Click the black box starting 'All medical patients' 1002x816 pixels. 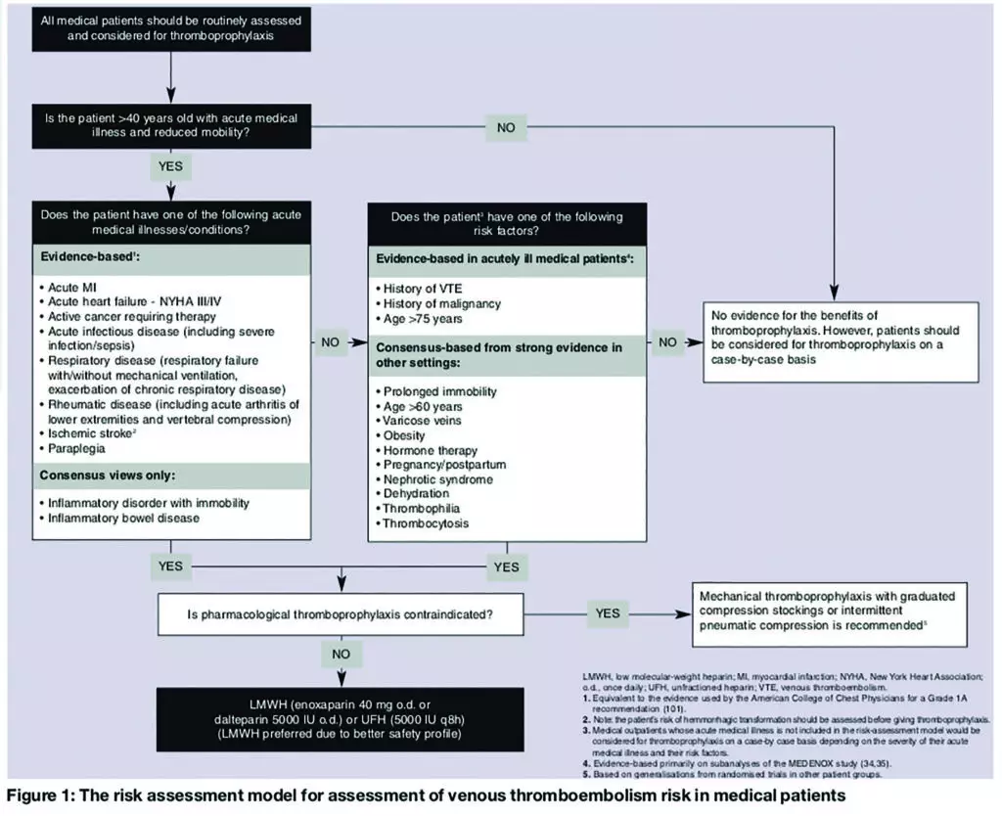click(x=171, y=25)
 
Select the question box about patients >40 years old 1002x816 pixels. click(x=171, y=126)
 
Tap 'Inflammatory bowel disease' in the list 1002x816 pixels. click(x=123, y=518)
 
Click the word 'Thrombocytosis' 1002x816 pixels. click(x=427, y=523)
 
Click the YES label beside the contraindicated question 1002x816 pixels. click(x=607, y=613)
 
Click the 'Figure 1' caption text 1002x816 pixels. click(x=421, y=795)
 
